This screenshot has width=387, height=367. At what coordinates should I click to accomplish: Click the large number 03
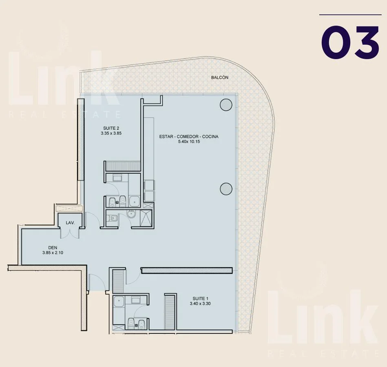tap(350, 42)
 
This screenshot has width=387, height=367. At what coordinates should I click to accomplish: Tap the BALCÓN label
tap(220, 77)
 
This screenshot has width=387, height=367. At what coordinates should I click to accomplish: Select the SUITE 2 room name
tap(111, 128)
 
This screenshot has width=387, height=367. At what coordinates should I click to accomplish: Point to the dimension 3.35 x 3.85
tap(111, 133)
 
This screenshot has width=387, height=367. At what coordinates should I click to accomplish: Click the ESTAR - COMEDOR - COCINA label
tap(189, 137)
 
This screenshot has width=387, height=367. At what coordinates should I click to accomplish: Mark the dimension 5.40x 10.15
tap(189, 141)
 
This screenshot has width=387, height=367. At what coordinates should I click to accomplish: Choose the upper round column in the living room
tap(226, 105)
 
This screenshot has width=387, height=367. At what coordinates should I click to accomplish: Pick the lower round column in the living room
tap(226, 189)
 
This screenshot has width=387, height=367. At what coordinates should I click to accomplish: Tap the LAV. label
tap(70, 223)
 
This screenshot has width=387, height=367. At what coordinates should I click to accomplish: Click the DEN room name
tap(53, 248)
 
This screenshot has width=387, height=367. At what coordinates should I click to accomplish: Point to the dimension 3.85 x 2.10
tap(53, 253)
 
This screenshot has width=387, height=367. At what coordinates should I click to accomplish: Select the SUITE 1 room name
tap(200, 298)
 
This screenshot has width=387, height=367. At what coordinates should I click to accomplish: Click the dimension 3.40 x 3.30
tap(200, 303)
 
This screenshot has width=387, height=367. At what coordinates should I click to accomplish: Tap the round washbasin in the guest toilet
tap(131, 214)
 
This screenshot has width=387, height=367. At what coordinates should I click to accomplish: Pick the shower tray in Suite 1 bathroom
tap(119, 301)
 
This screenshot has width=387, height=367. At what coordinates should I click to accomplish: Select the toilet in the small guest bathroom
tap(113, 218)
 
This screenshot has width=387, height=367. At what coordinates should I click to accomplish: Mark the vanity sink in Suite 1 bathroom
tap(136, 301)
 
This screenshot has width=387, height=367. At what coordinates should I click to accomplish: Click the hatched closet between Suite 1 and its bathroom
tap(170, 312)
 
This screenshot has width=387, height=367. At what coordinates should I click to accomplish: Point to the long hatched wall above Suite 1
tap(187, 270)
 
